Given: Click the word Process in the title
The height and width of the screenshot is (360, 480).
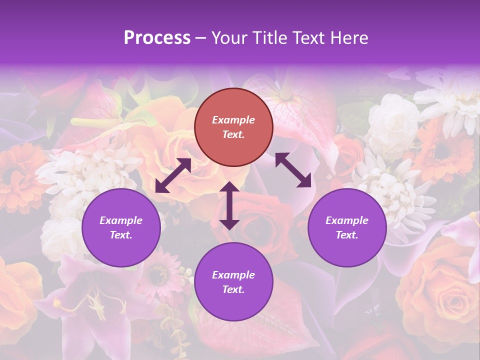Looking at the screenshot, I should (157, 38).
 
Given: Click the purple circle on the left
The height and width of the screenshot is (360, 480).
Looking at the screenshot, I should (121, 227).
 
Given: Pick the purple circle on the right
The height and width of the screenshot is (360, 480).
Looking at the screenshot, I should (347, 227).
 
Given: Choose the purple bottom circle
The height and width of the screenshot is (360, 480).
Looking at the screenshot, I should (233, 282).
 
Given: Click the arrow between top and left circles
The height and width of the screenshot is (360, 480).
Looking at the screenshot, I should (173, 175).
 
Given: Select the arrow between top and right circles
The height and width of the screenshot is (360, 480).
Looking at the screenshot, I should (293, 170).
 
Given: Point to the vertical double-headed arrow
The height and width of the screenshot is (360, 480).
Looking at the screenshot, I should (229, 205).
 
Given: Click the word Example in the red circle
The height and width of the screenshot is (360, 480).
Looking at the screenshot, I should (233, 120).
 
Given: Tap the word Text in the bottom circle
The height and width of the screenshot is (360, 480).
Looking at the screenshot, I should (232, 290).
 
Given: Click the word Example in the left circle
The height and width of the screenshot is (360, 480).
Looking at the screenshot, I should (121, 220).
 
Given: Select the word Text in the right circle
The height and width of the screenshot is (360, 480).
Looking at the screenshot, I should (345, 235).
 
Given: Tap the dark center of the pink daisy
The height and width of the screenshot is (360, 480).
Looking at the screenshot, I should (159, 273).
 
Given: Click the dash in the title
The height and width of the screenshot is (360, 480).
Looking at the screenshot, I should (201, 38).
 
